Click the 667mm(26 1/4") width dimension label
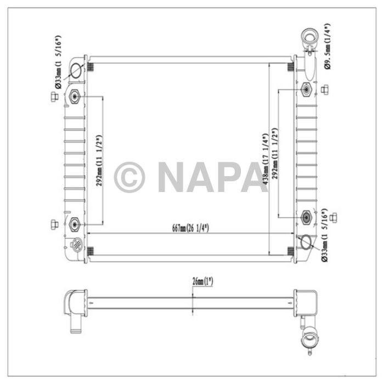(191, 228)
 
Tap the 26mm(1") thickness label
(202, 281)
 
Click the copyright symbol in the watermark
(129, 177)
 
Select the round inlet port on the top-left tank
(76, 71)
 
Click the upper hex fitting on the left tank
(75, 97)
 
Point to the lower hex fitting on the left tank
(75, 223)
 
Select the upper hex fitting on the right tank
(307, 89)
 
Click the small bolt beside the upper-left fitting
(54, 97)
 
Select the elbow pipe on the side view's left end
(74, 307)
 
